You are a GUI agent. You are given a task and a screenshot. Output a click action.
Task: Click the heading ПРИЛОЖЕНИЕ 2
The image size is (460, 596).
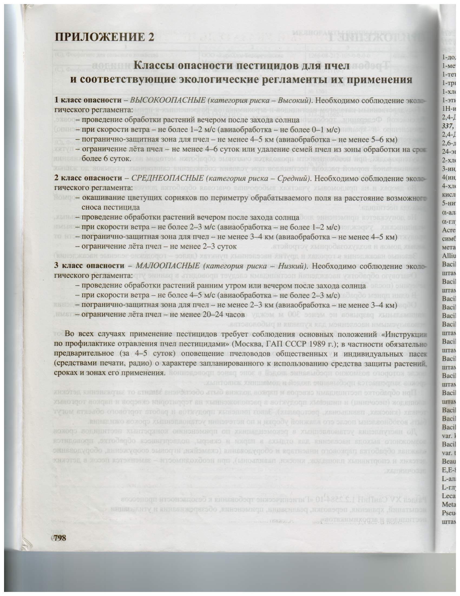point(104,37)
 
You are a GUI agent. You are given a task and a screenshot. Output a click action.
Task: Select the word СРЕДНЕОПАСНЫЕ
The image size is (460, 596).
point(167,178)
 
